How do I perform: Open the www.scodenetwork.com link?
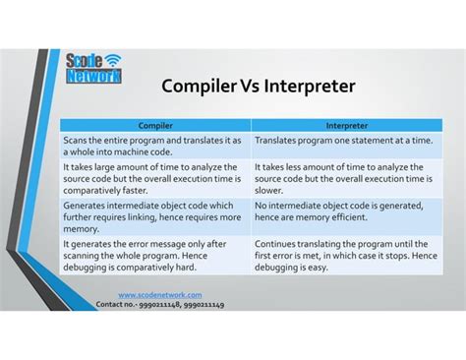159,295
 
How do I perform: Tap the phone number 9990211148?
161,305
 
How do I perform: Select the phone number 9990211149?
204,305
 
